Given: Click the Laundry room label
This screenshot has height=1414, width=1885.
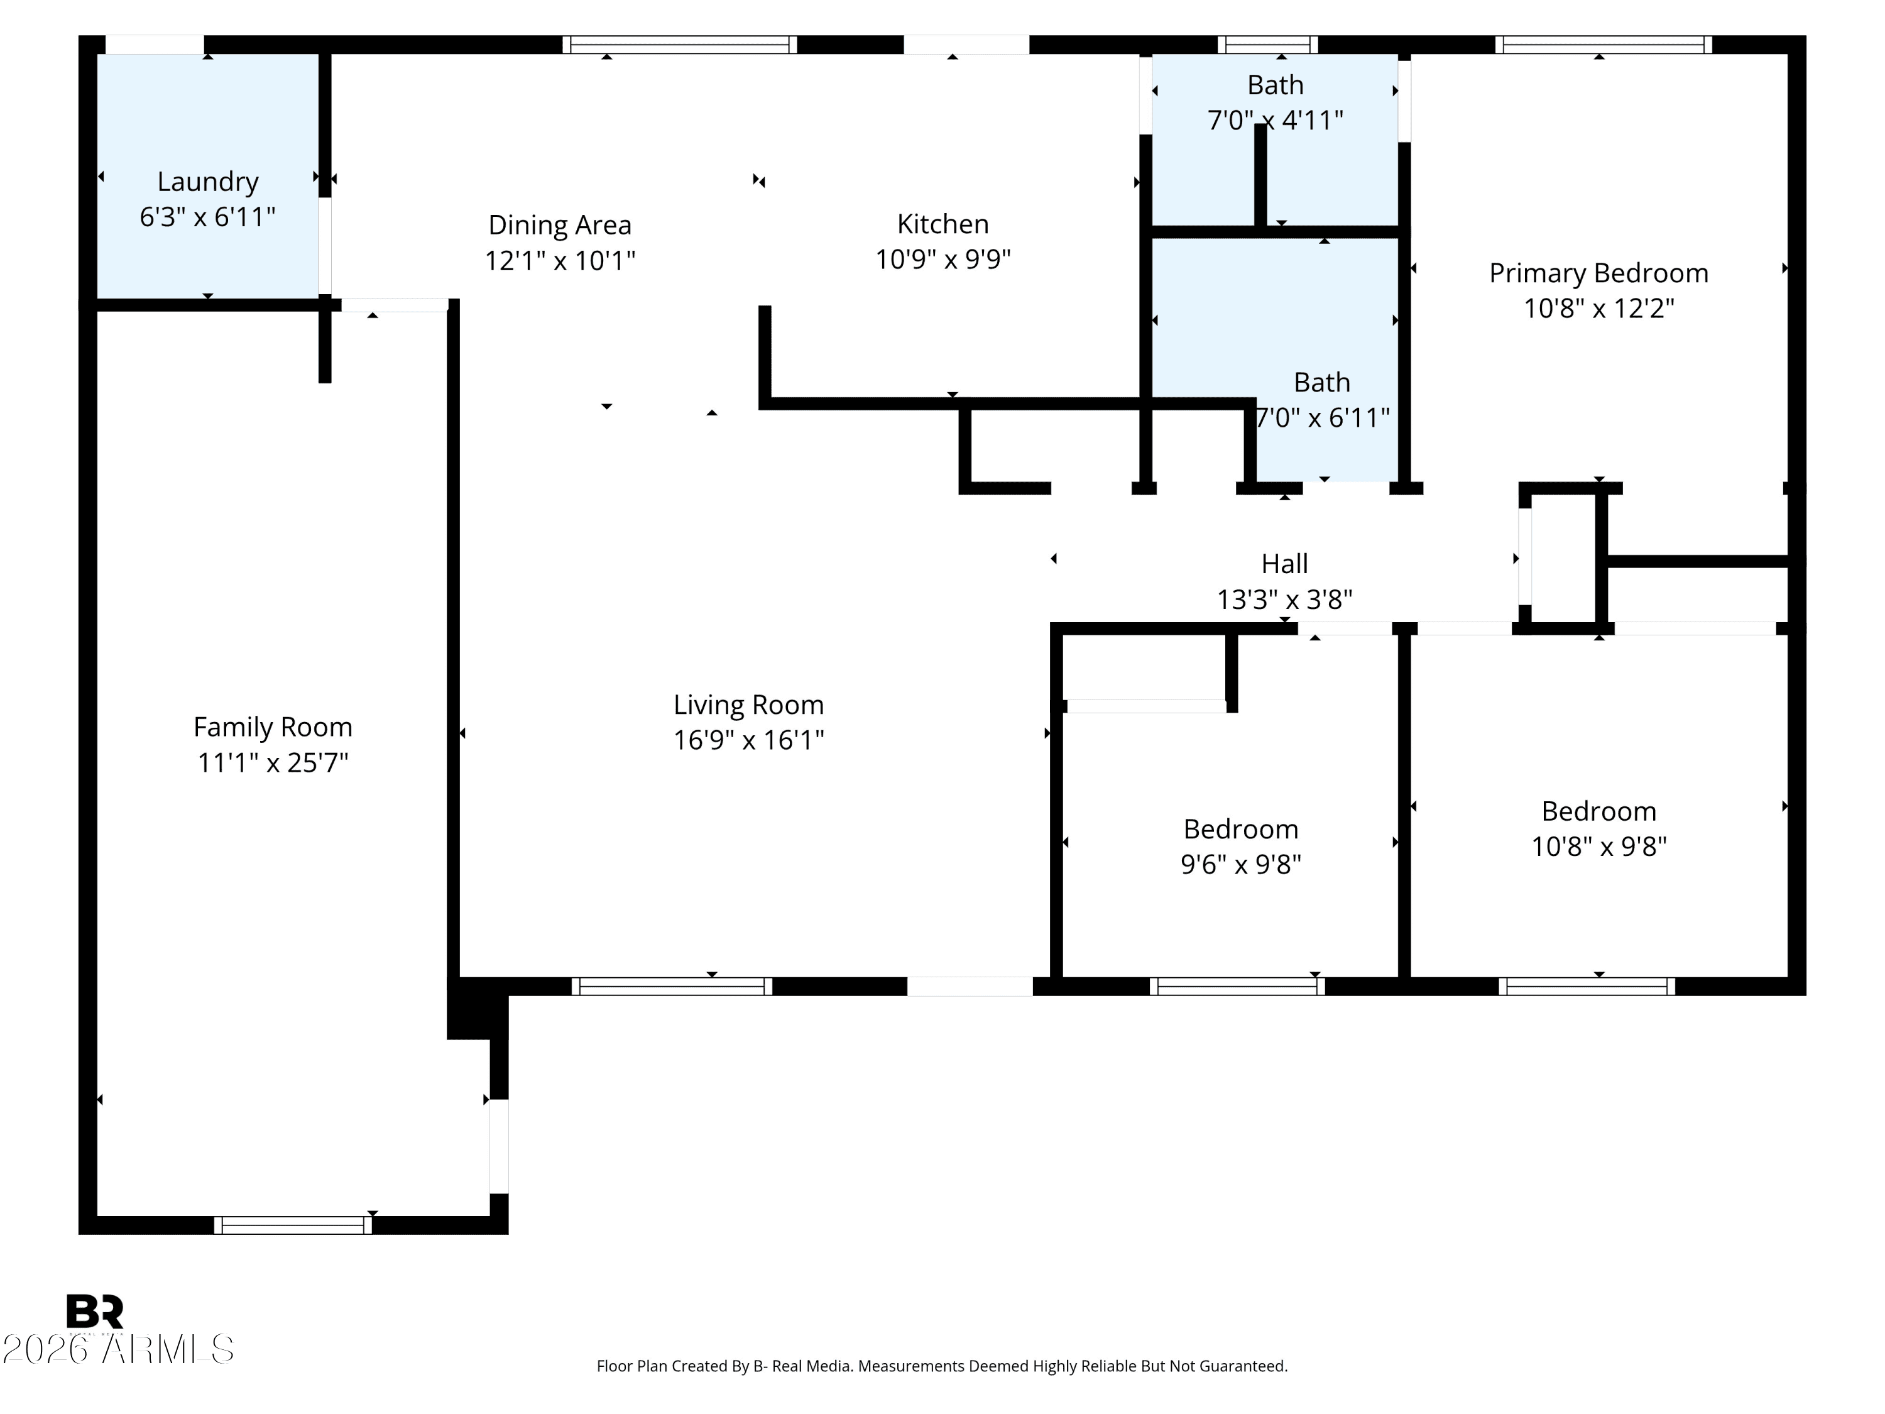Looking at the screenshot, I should (x=207, y=182).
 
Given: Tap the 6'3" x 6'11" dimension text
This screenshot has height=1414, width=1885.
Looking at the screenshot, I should (x=207, y=217).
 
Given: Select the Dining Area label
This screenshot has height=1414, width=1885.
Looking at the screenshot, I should (x=559, y=225).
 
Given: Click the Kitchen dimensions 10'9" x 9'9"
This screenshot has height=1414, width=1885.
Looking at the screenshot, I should (x=942, y=259).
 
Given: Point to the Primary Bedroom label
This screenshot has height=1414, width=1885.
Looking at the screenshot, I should (x=1598, y=273).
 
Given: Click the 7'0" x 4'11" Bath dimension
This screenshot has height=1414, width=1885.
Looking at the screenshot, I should (x=1275, y=120).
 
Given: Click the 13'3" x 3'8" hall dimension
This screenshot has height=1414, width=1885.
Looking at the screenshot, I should (x=1284, y=600).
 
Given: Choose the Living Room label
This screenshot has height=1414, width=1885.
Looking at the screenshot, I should (x=748, y=705).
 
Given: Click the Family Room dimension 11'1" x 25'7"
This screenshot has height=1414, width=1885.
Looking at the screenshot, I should (x=273, y=762).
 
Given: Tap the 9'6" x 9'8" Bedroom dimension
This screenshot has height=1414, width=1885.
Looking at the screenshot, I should (x=1241, y=864).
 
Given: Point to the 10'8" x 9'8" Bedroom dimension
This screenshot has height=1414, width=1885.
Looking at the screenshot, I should (x=1598, y=847).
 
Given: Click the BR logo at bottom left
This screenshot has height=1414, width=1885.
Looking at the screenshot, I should (x=95, y=1312).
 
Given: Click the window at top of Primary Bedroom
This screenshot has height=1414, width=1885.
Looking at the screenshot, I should (x=1602, y=45).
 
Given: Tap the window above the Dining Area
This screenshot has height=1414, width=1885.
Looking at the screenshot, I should (x=679, y=45).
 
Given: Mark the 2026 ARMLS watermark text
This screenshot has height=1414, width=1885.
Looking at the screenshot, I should (x=117, y=1349).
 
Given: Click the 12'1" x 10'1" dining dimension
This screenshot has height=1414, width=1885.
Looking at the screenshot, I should (x=559, y=261).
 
